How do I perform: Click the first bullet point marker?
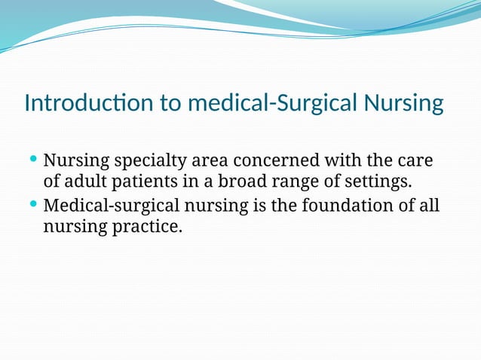32,160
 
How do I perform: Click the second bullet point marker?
32,204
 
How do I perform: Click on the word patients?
139,182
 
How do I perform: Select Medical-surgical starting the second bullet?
106,206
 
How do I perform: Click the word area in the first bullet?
207,161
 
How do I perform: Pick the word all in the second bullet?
428,205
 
